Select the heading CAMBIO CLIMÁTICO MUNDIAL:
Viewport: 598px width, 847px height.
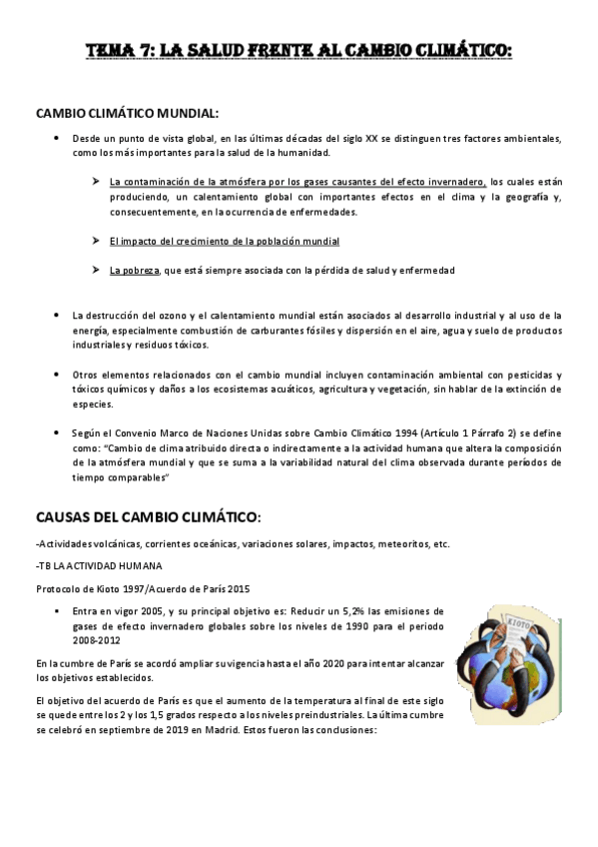point(127,114)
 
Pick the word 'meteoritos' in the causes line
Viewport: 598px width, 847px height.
point(387,544)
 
